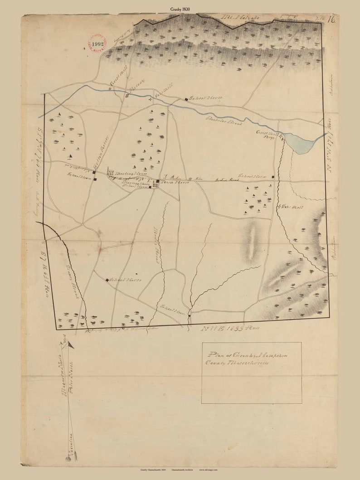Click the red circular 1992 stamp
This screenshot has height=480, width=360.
(98, 44)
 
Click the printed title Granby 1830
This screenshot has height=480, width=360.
(180, 8)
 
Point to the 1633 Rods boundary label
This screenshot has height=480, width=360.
(229, 328)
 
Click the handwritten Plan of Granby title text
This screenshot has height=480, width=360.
(248, 359)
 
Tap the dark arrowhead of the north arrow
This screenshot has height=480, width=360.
(70, 345)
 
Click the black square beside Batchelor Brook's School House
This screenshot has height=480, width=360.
(186, 99)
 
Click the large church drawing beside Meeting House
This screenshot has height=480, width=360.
(111, 172)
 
